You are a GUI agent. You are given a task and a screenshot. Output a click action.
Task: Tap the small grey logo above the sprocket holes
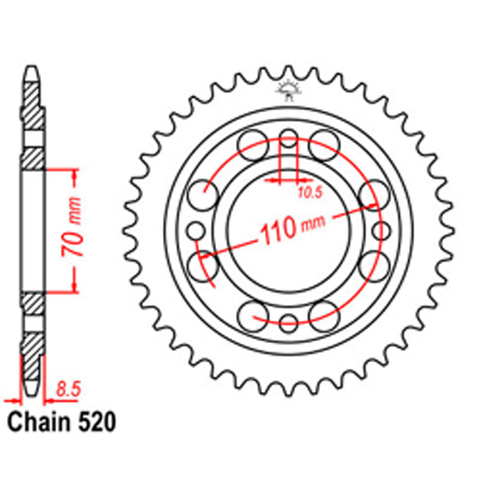tap(288, 89)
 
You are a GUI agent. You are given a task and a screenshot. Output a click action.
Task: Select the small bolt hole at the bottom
tap(289, 322)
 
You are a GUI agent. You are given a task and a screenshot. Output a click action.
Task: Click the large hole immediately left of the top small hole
tap(253, 144)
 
